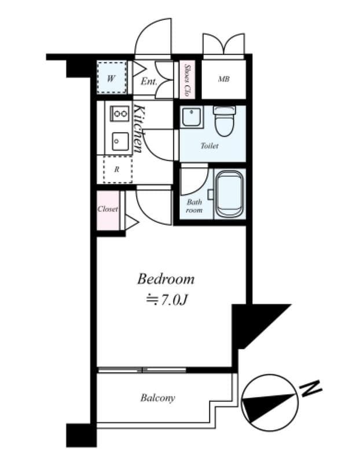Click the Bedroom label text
coord(166,280)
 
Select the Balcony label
coord(157,398)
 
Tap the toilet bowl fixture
coord(224,120)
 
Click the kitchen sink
coord(120,141)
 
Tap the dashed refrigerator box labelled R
coord(117,170)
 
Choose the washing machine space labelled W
coord(111,78)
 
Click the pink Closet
coord(108,209)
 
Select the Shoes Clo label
coord(188,79)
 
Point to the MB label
coord(223,79)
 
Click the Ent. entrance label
coord(149,81)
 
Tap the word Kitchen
coord(139,128)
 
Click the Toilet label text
coord(210,146)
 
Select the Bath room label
coord(194,206)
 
